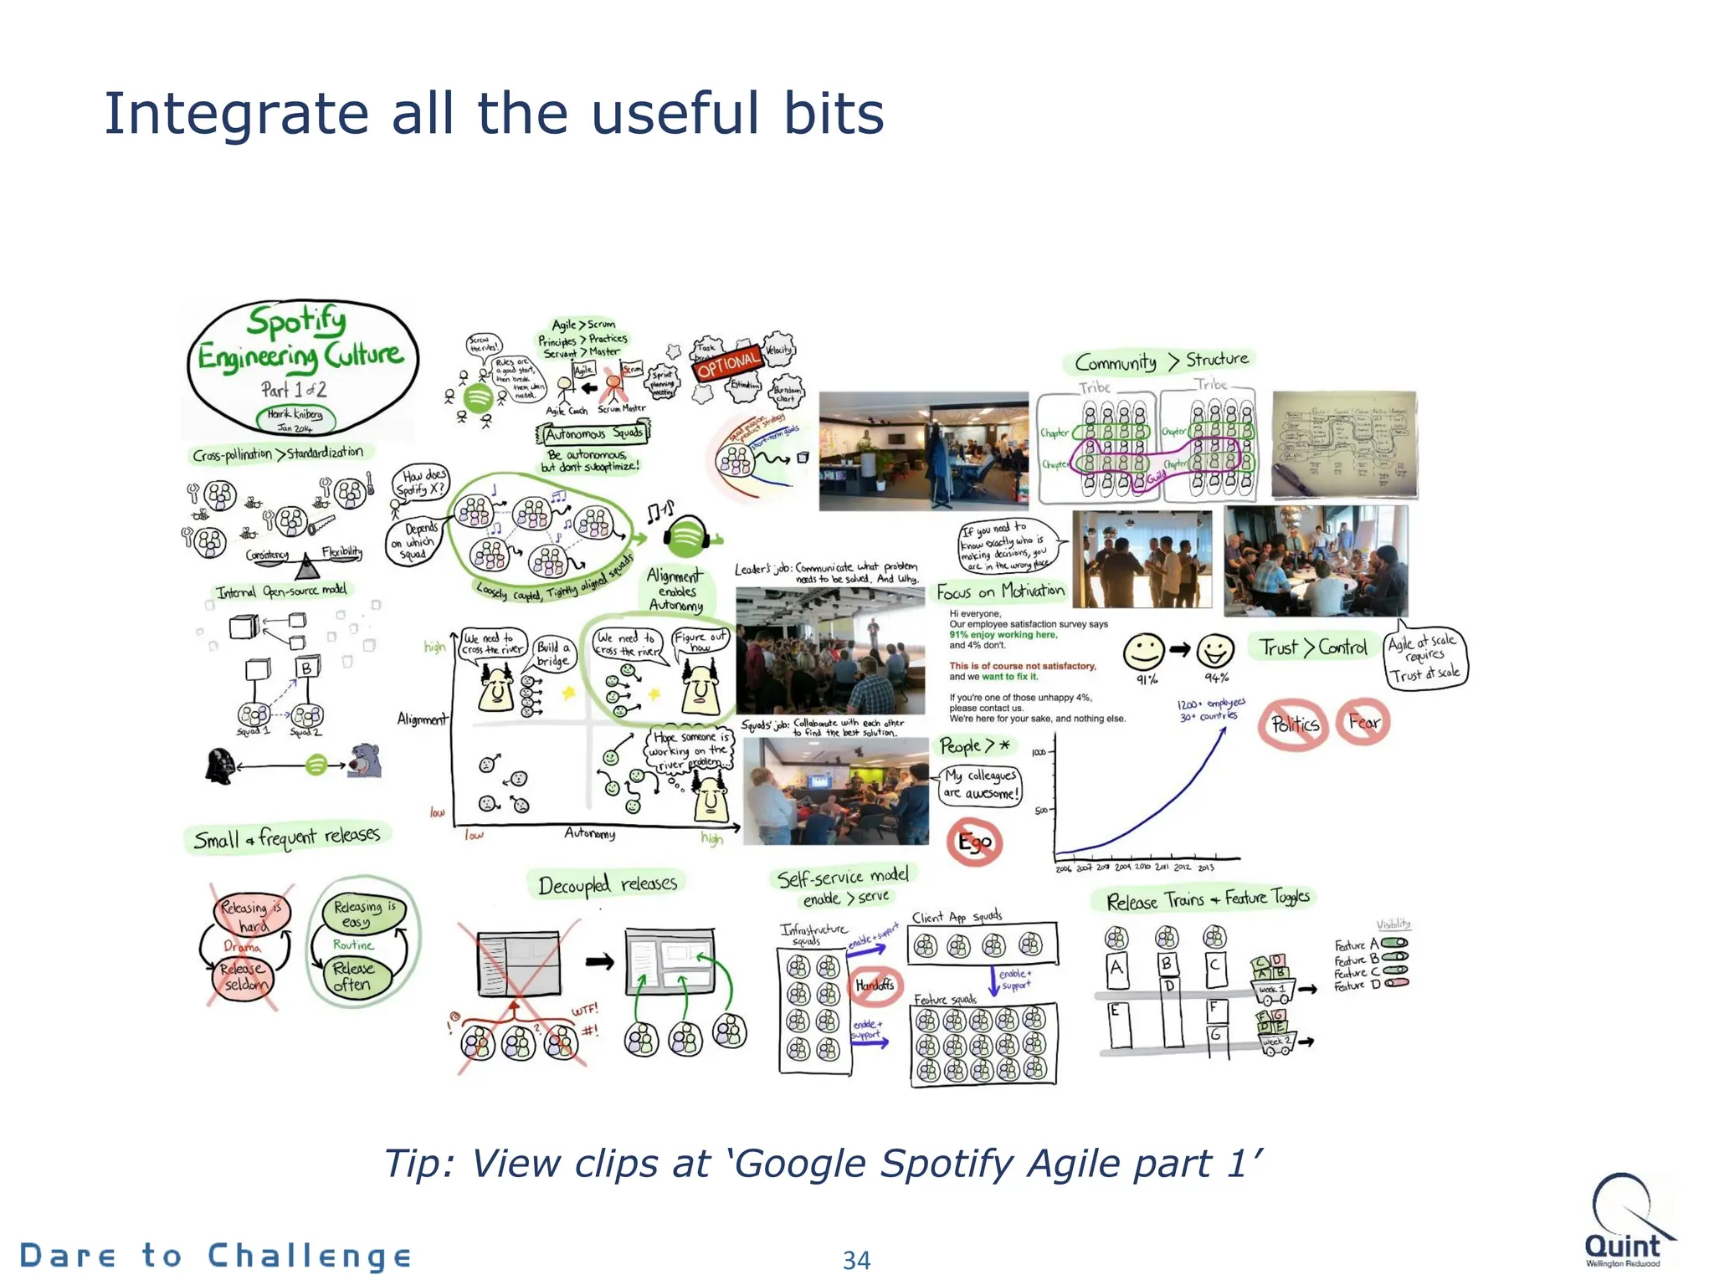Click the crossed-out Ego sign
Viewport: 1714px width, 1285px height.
[974, 842]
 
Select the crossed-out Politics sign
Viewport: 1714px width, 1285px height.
[1294, 724]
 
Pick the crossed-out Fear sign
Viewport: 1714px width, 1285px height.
[1363, 721]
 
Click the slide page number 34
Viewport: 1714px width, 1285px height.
[856, 1260]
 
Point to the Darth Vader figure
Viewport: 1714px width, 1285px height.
[219, 765]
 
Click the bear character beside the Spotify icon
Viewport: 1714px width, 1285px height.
[366, 760]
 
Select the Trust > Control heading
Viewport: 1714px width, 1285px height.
[1313, 648]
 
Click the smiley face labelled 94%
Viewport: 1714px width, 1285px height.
[1215, 649]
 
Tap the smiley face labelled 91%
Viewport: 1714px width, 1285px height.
[1143, 650]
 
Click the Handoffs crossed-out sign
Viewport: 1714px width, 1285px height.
[875, 985]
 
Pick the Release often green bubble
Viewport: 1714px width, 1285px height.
[352, 976]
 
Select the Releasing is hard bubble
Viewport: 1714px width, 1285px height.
[252, 914]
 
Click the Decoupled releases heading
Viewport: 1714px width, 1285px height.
[607, 884]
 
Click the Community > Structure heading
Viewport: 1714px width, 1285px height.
[1160, 361]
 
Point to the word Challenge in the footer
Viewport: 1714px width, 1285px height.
[309, 1256]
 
